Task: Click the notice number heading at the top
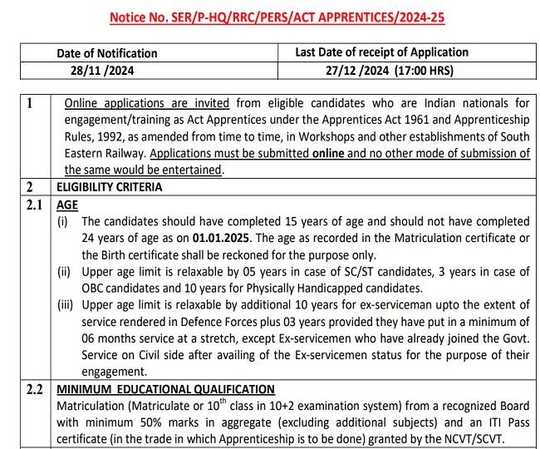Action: [271, 16]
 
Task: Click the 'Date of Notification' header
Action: [106, 53]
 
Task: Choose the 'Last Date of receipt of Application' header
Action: [381, 52]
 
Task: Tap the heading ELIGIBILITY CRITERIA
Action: [109, 187]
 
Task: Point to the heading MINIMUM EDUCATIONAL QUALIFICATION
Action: [165, 388]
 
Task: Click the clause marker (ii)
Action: [64, 272]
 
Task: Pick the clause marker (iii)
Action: [66, 305]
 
